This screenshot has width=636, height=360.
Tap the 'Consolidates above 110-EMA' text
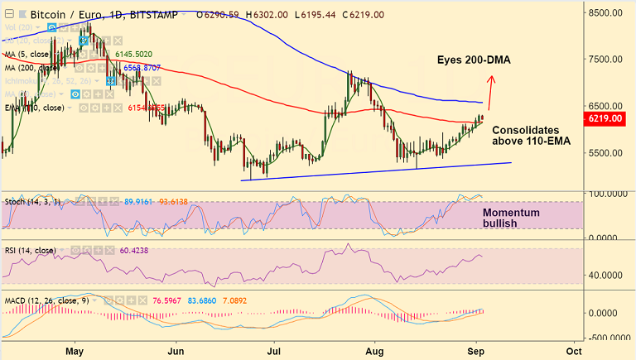[525, 137]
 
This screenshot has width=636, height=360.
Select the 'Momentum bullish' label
[511, 218]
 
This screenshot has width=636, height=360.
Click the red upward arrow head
[491, 80]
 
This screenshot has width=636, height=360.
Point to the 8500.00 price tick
[605, 12]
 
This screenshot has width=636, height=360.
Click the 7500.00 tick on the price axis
[605, 60]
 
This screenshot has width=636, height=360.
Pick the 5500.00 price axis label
[605, 153]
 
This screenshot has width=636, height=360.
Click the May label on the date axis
[75, 350]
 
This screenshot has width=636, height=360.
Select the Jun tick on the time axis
[176, 350]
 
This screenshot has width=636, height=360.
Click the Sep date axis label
[475, 350]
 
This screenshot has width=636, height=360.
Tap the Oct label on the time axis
[573, 350]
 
